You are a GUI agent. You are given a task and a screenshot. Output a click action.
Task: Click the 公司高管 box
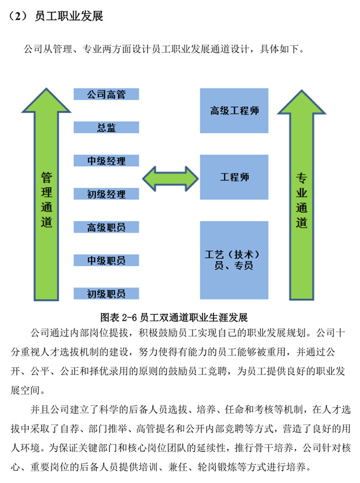(x=106, y=94)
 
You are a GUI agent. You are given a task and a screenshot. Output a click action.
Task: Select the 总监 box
(x=106, y=127)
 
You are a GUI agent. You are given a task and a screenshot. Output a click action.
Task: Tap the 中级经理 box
(x=106, y=160)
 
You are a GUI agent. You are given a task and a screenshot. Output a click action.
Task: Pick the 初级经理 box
(x=106, y=194)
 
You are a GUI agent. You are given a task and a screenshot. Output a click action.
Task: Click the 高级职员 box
(x=106, y=227)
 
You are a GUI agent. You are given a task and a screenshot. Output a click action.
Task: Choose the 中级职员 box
(x=106, y=261)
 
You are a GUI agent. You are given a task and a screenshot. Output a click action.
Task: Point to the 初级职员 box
(x=106, y=293)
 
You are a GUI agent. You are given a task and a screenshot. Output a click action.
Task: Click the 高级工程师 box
(x=234, y=110)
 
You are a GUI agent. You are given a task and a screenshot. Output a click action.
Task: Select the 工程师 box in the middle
(x=234, y=177)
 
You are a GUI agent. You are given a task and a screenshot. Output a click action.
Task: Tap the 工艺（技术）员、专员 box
(x=234, y=260)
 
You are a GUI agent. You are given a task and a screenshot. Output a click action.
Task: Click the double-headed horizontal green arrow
(x=170, y=179)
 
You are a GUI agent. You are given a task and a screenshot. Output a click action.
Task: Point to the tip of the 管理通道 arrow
(x=46, y=89)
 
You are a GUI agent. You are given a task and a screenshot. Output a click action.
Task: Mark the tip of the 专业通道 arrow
(x=302, y=90)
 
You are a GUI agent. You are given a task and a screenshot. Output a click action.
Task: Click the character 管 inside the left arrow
(x=46, y=177)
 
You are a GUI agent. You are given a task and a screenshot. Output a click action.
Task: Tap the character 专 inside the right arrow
(x=302, y=178)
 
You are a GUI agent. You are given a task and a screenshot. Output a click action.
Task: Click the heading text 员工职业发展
(x=69, y=16)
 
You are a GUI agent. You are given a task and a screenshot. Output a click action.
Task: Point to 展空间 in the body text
(x=25, y=391)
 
